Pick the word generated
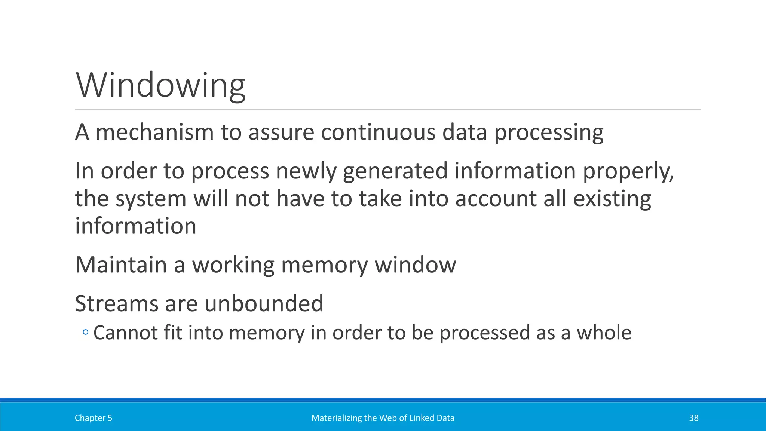pyautogui.click(x=395, y=171)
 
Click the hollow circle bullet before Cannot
pyautogui.click(x=85, y=332)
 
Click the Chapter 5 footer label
pyautogui.click(x=94, y=418)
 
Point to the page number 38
pyautogui.click(x=693, y=418)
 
